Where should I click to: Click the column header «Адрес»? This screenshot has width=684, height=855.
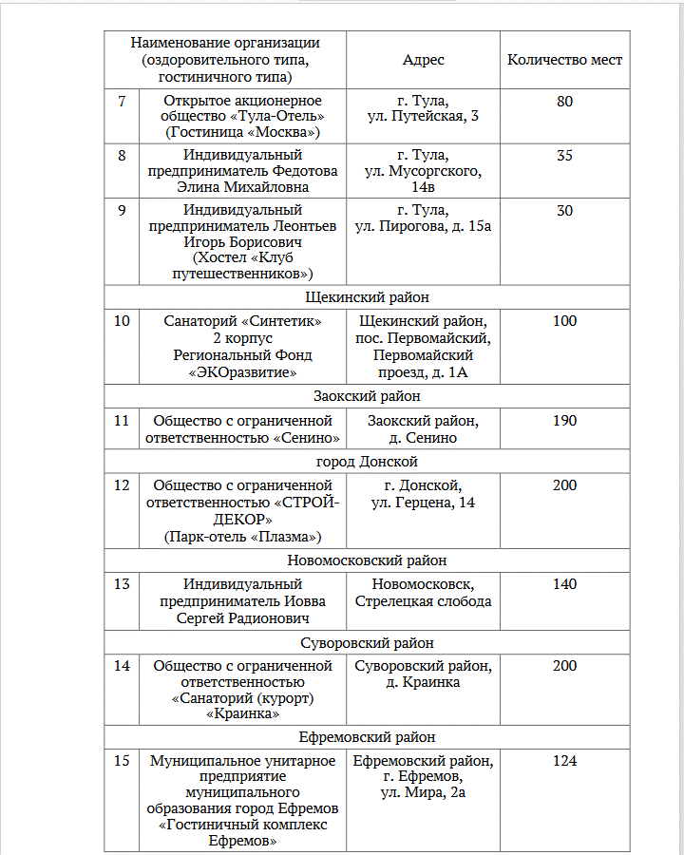point(423,60)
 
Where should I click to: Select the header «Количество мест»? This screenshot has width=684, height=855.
point(565,60)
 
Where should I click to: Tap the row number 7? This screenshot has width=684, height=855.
point(122,101)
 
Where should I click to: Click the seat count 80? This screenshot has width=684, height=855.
point(565,101)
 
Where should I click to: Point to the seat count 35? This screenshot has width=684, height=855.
point(565,155)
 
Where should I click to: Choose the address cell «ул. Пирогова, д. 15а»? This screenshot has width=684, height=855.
point(423,227)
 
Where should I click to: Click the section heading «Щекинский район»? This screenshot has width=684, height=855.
point(367,297)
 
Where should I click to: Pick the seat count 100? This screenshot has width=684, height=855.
point(565,321)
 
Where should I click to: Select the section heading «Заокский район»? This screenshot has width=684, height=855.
point(367,396)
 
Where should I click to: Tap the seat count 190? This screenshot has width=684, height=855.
point(565,421)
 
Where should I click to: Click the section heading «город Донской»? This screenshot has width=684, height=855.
point(367,462)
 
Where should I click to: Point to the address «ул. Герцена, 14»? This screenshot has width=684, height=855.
point(423,503)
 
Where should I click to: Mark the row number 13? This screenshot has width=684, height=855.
point(122,584)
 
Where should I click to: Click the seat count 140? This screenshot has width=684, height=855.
point(565,584)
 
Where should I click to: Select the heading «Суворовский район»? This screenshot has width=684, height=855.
point(367,643)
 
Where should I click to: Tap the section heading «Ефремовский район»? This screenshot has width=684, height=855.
point(367,737)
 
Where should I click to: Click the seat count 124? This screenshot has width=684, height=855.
point(565,761)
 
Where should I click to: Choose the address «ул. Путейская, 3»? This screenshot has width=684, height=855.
point(423,117)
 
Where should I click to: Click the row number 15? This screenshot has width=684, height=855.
point(122,761)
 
